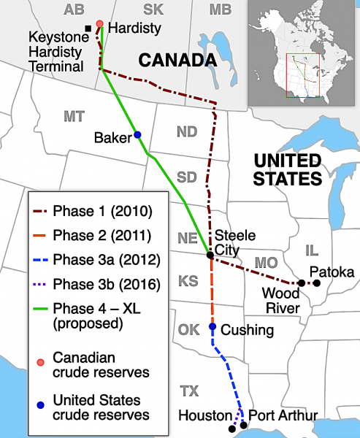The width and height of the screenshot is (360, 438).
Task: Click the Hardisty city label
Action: [x=134, y=28]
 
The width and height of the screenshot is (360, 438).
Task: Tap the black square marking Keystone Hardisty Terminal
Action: [x=89, y=28]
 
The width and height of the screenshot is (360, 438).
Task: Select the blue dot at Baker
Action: [x=137, y=135]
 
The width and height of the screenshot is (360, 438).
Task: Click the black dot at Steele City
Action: [x=210, y=255]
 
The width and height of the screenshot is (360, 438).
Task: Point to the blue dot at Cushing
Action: [x=212, y=327]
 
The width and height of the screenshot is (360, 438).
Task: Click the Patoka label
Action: [x=332, y=272]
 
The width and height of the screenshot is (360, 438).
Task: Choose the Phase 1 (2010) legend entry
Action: [x=91, y=212]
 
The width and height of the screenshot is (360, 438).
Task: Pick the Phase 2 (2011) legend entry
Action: [x=91, y=236]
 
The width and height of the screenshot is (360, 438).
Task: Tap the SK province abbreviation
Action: [x=153, y=9]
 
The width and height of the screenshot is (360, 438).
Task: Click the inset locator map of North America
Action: [x=302, y=50]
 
